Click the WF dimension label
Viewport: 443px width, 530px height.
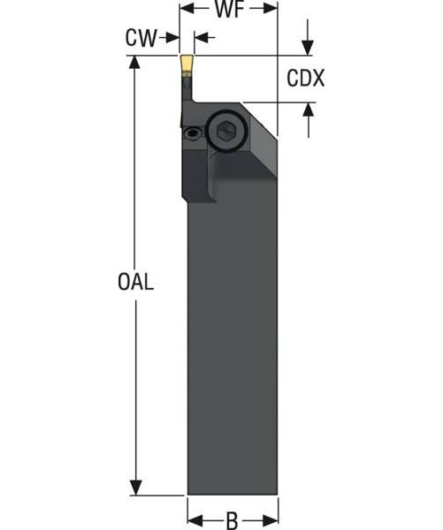click(230, 11)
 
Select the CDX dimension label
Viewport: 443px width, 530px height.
click(306, 79)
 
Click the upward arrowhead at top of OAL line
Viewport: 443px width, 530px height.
click(135, 64)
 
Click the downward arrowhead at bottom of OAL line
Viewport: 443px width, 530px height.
click(135, 488)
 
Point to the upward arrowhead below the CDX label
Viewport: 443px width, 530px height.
click(308, 110)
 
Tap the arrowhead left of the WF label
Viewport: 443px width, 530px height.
click(187, 11)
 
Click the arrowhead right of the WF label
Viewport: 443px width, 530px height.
click(271, 11)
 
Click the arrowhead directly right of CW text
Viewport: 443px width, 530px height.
click(172, 38)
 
